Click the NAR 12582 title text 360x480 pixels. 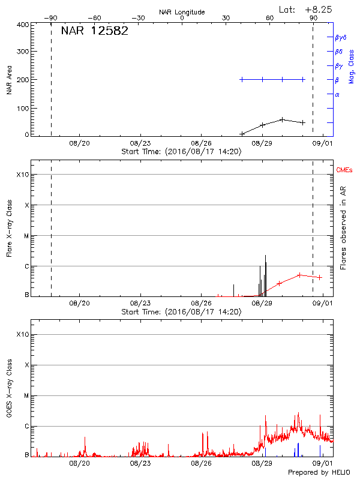tap(94, 31)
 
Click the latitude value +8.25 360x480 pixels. tap(319, 10)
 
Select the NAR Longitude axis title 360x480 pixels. tap(182, 12)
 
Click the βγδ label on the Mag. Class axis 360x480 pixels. tap(341, 37)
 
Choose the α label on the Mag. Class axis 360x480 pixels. tap(337, 94)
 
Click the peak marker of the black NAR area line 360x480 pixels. tap(282, 119)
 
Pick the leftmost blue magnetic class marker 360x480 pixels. tap(242, 79)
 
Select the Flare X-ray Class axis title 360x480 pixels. tap(10, 229)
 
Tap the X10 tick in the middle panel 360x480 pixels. tap(23, 175)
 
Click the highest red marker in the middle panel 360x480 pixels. tap(299, 275)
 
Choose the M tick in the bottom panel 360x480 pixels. tap(26, 396)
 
